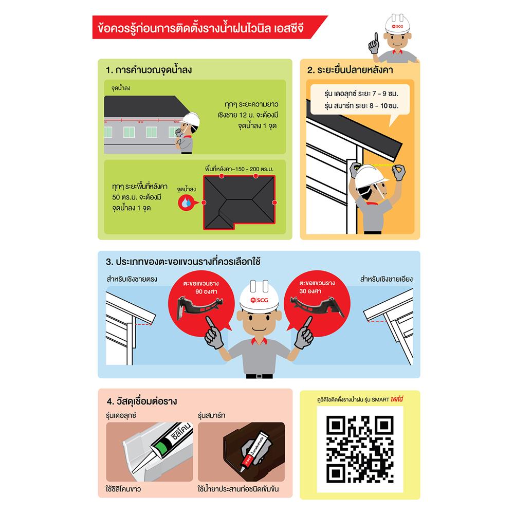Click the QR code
[x=360, y=449]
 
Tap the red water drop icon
[x=186, y=203]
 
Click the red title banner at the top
[x=210, y=27]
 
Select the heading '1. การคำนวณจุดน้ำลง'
[x=149, y=70]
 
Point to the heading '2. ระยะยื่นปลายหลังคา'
[x=350, y=70]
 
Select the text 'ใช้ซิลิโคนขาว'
[x=123, y=489]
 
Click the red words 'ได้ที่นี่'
[x=397, y=399]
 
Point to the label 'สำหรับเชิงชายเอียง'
[x=386, y=279]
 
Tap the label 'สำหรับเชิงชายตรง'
[x=132, y=279]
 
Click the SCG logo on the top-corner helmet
[x=397, y=26]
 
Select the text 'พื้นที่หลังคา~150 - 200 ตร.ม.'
[x=240, y=169]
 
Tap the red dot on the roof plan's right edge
[x=274, y=203]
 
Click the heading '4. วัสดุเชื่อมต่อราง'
[x=142, y=401]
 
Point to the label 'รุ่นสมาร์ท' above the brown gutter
[x=211, y=415]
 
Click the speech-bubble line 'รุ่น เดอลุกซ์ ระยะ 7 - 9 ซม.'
[x=361, y=94]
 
